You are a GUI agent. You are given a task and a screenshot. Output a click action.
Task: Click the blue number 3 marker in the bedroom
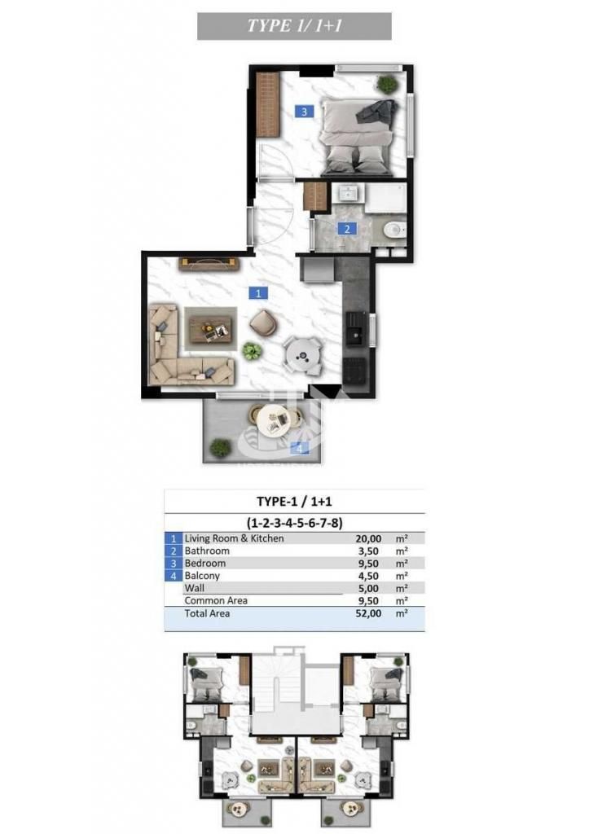[x=305, y=112]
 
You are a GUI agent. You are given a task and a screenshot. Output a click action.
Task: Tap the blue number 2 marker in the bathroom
[x=347, y=229]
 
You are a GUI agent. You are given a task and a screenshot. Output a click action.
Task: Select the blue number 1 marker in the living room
[x=258, y=293]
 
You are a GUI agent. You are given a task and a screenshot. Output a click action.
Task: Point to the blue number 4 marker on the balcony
[x=299, y=449]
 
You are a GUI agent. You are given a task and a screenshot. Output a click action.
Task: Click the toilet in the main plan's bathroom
[x=394, y=230]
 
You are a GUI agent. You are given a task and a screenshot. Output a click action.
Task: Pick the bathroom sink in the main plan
[x=349, y=194]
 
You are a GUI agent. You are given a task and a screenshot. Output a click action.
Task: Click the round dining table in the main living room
[x=302, y=355]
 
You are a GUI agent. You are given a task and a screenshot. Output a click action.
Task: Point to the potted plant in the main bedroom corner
[x=387, y=84]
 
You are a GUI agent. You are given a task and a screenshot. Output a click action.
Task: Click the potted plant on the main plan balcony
[x=220, y=447]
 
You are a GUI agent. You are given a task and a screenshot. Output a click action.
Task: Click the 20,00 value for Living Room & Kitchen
[x=368, y=539]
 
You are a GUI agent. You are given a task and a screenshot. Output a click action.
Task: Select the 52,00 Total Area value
[x=368, y=613]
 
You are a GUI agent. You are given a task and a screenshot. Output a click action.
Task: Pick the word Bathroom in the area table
[x=207, y=551]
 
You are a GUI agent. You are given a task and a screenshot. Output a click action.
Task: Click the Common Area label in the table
[x=216, y=600]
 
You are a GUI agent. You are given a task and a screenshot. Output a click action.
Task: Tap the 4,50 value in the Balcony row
[x=369, y=576]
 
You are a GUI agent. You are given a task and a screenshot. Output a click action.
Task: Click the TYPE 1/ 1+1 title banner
[x=294, y=26]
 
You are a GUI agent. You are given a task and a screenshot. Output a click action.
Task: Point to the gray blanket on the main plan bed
[x=376, y=112]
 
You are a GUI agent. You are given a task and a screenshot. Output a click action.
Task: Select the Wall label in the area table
[x=194, y=588]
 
